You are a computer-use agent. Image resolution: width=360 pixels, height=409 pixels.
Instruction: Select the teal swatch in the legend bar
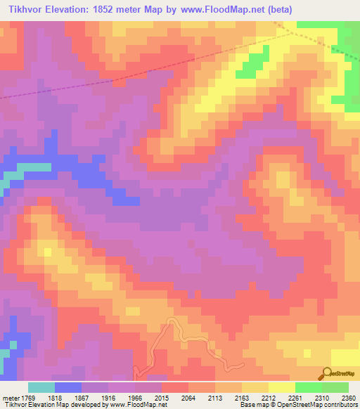click(x=41, y=387)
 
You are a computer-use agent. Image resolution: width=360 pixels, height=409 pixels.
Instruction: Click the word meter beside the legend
click(x=11, y=398)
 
